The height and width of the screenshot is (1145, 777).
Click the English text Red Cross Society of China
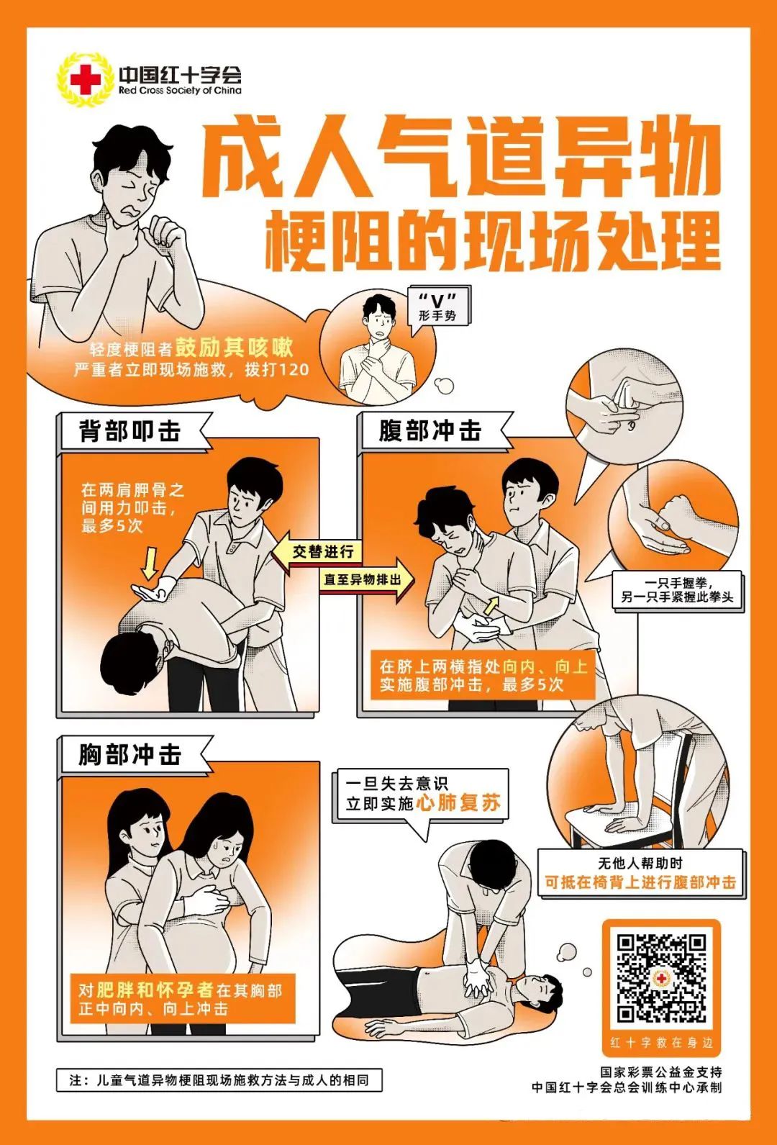point(180,91)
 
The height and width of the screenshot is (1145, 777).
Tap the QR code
point(661,977)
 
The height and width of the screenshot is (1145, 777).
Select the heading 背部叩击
point(130,432)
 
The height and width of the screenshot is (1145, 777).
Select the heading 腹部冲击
point(430,432)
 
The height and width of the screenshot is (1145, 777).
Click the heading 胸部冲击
point(130,755)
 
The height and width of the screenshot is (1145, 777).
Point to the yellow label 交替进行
point(323,552)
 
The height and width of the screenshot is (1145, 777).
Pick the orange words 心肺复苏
point(458,803)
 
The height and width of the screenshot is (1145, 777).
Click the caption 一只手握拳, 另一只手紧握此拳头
point(677,590)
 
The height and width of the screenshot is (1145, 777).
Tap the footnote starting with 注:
point(219,1080)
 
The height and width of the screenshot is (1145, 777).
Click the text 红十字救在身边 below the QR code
point(661,1043)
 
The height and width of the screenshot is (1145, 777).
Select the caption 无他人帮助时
point(640,863)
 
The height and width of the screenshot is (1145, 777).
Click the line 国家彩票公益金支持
point(661,1072)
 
